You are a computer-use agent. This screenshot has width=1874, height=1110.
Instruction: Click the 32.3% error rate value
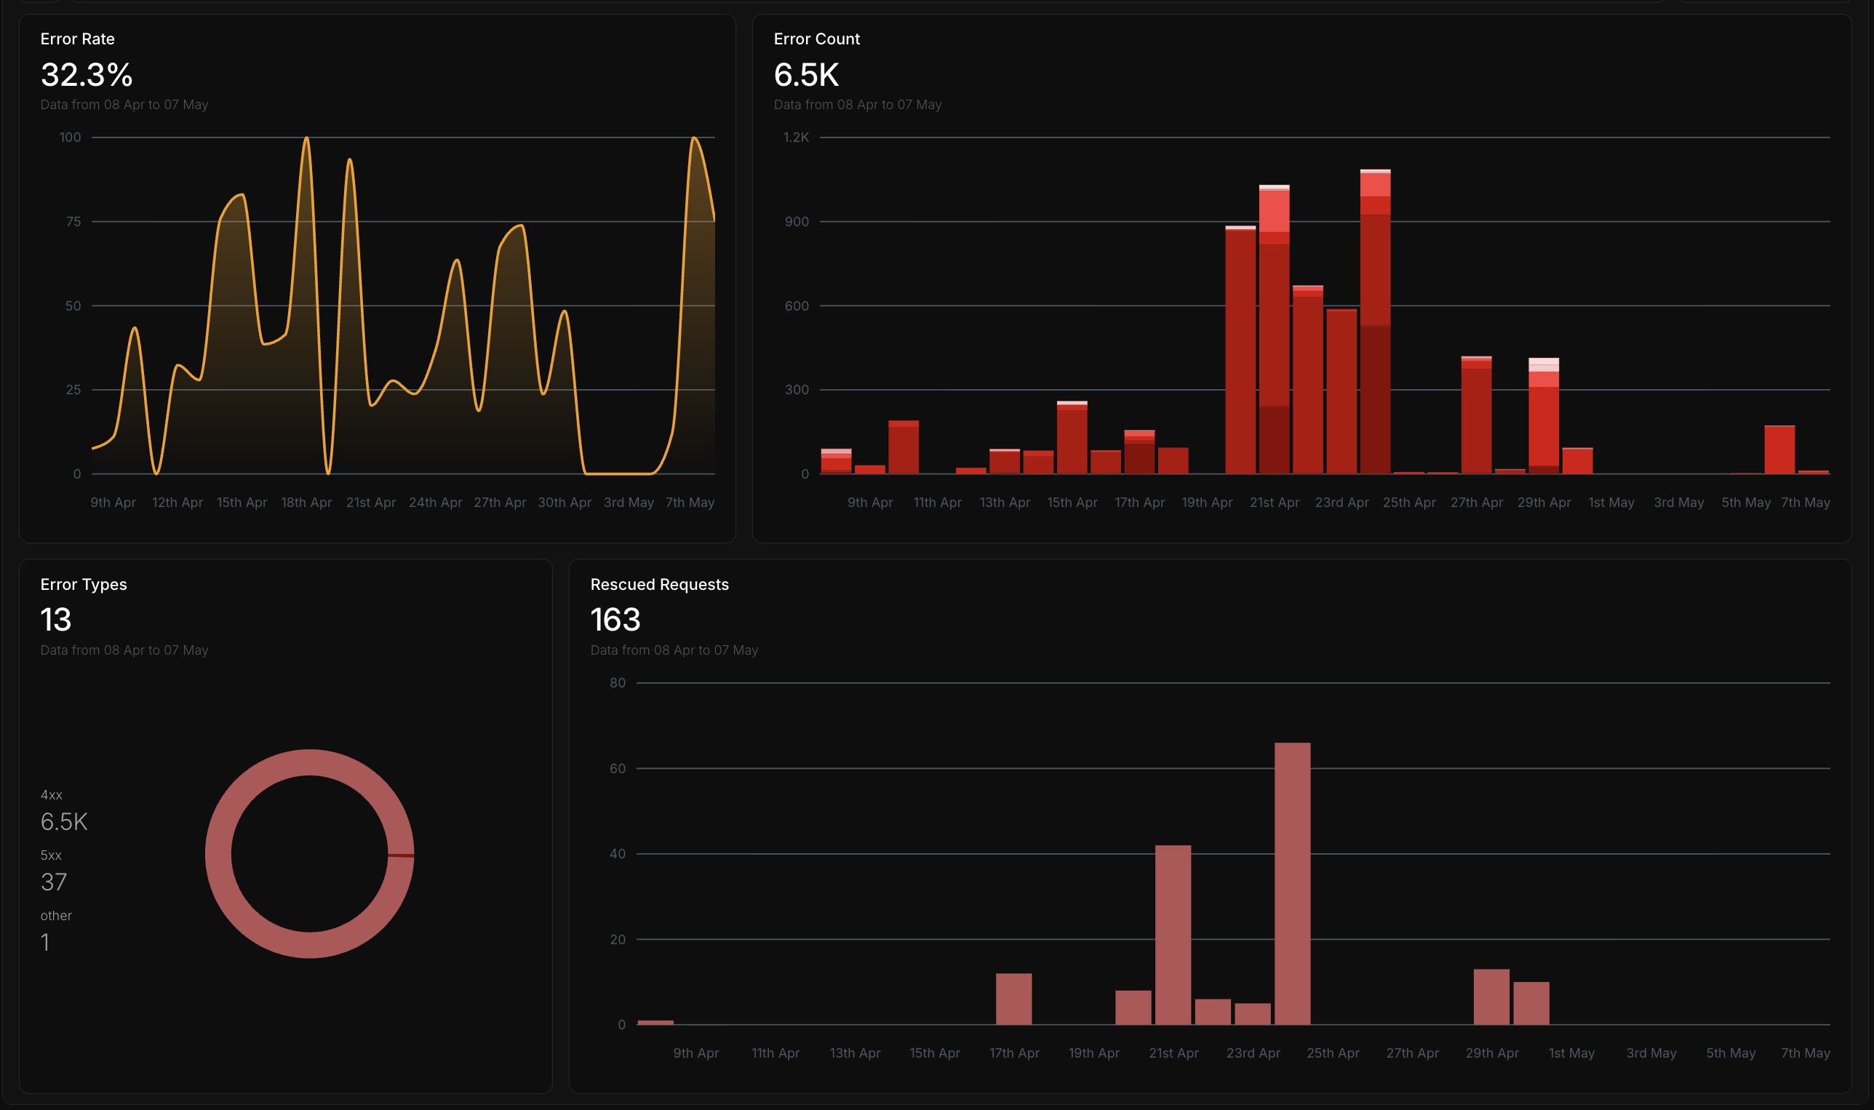[87, 75]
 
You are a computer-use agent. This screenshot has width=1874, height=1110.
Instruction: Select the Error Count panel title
[816, 39]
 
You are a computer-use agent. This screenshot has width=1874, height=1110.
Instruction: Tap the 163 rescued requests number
[615, 619]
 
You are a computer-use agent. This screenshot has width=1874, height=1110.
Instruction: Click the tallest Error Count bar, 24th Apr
[1375, 322]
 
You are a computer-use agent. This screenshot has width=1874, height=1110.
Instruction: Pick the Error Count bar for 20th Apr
[1240, 349]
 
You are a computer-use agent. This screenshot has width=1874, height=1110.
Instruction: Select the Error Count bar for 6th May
[1779, 450]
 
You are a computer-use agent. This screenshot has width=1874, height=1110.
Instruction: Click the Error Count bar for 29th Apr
[1543, 416]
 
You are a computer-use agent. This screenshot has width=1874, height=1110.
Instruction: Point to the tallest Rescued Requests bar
[1292, 883]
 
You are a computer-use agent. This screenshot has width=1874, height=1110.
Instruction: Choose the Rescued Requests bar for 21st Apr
[1173, 935]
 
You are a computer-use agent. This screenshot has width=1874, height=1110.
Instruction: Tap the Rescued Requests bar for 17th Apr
[1013, 999]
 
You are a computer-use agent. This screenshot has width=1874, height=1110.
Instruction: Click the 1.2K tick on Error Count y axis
[796, 137]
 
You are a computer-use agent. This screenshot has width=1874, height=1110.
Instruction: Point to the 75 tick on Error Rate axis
[73, 221]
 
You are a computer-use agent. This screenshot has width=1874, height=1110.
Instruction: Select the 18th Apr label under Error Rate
[306, 503]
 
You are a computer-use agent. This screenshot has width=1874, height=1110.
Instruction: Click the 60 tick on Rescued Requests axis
[617, 768]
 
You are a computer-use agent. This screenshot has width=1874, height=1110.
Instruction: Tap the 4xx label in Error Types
[52, 794]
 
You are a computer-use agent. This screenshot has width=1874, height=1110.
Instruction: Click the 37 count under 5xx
[54, 882]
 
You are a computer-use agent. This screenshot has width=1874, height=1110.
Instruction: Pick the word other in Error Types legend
[56, 916]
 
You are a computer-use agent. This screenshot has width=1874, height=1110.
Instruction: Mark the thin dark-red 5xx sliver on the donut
[401, 855]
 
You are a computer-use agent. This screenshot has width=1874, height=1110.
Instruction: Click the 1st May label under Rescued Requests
[1571, 1053]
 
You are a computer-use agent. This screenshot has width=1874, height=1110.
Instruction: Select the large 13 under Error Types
[55, 619]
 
